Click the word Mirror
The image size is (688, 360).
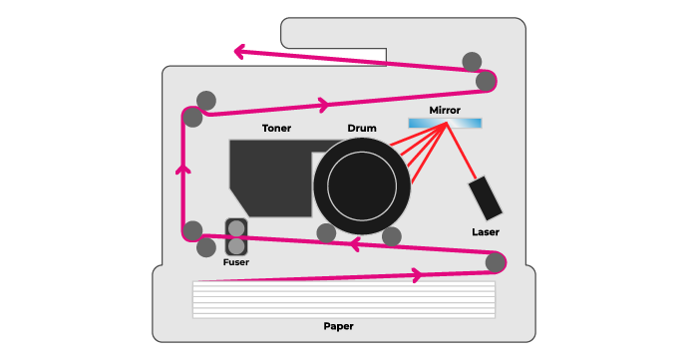[x=445, y=111]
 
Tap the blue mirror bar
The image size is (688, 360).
[x=445, y=124]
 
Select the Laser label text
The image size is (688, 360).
[x=486, y=232]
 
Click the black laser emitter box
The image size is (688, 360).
[x=485, y=198]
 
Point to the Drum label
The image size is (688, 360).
[x=362, y=129]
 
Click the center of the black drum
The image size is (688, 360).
[x=362, y=186]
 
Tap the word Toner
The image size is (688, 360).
[x=276, y=129]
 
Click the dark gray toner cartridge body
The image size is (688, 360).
[x=270, y=178]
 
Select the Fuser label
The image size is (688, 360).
[x=236, y=262]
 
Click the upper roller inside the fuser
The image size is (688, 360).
[x=236, y=228]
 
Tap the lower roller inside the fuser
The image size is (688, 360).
[x=236, y=246]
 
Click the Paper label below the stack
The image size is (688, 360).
[x=338, y=326]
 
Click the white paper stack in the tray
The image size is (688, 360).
[x=344, y=299]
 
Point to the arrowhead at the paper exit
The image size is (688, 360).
[x=239, y=52]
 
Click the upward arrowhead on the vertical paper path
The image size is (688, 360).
[x=183, y=170]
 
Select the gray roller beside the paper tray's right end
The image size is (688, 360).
[x=496, y=262]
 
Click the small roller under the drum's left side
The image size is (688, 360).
[x=326, y=233]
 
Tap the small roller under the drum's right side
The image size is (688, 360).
[x=392, y=237]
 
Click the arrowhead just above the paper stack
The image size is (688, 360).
[x=417, y=275]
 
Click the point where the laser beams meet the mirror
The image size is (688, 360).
[x=447, y=124]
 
